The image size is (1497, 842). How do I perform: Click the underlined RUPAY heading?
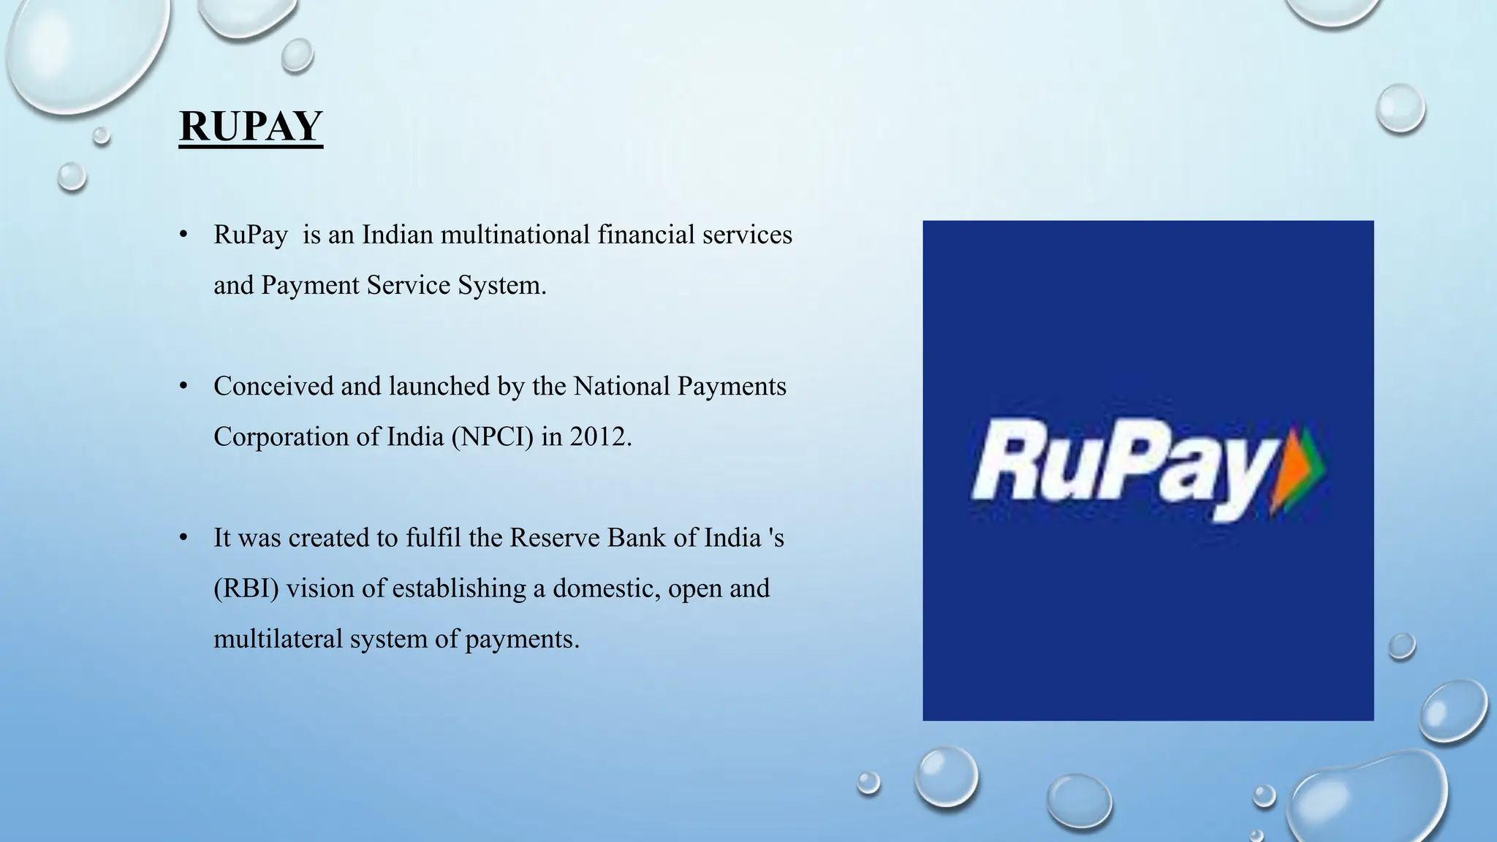[251, 126]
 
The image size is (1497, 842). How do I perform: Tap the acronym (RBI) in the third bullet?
[246, 588]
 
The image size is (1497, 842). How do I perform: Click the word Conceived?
[273, 386]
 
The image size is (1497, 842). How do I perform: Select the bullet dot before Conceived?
[184, 386]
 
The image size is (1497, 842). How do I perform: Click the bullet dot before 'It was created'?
[184, 538]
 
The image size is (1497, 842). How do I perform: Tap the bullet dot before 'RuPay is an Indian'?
[184, 235]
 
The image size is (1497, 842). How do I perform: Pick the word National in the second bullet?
[621, 386]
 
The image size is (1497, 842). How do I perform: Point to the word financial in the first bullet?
[645, 235]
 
